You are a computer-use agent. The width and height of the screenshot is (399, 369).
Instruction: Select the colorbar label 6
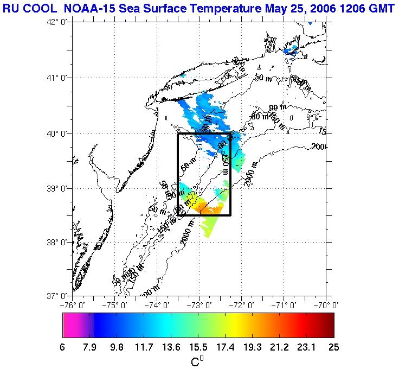coord(63,348)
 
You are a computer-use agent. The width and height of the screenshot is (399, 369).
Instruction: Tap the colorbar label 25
coord(333,348)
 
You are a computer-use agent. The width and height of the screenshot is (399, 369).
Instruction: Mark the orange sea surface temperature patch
coord(220,209)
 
